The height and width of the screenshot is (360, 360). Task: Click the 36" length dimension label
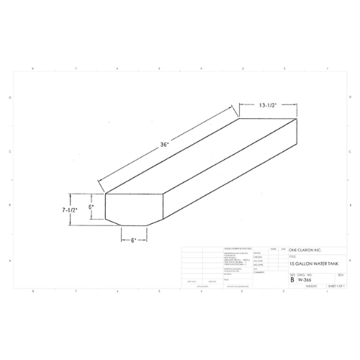(165, 145)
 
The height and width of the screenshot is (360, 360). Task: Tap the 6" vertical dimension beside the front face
(91, 206)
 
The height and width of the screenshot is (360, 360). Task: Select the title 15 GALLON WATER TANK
(312, 264)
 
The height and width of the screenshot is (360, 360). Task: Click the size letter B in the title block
(292, 279)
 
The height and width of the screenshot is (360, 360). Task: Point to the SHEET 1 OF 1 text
(337, 286)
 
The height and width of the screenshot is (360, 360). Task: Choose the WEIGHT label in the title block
(311, 286)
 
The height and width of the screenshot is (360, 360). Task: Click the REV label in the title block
(341, 274)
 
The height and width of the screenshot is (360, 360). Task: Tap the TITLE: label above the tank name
(292, 256)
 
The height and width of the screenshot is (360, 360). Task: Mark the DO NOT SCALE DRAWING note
(238, 286)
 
